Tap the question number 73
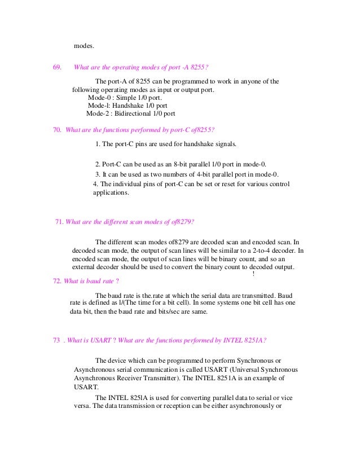56,340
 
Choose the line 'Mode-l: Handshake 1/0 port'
127,104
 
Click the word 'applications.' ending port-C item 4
111,192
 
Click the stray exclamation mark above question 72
254,274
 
